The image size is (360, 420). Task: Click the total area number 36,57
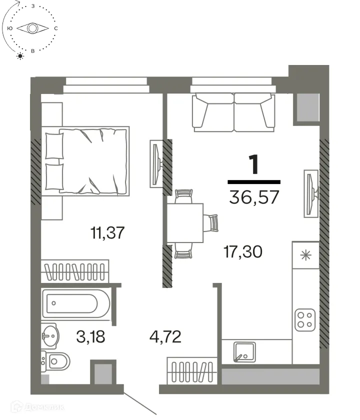point(254,197)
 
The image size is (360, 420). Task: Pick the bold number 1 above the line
point(254,165)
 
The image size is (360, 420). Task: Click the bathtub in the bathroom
point(76,303)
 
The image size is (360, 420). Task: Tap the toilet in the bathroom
point(59,360)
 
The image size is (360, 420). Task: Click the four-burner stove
point(305,318)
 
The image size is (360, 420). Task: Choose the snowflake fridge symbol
point(305,255)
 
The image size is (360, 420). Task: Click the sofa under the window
point(234,113)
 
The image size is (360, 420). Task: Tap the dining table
point(185,223)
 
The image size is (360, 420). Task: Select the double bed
point(86,159)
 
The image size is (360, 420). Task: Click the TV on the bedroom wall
point(155,162)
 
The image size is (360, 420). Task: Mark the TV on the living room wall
point(310,192)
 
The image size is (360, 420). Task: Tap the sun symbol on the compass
point(20,55)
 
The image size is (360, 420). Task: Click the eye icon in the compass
point(32,28)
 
